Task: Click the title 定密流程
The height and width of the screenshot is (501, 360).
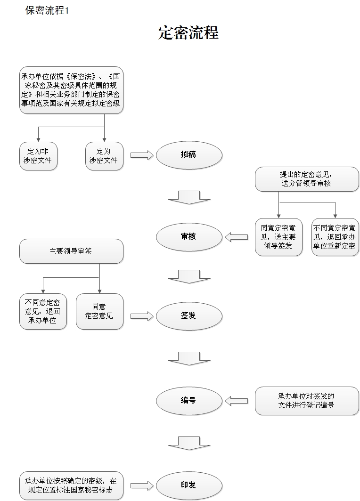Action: pos(188,33)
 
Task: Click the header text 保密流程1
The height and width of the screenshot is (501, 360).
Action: pos(47,10)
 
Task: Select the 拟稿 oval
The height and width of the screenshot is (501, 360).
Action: pos(189,155)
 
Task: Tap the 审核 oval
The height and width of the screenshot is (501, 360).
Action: pos(189,237)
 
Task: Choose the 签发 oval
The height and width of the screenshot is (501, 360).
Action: pos(189,316)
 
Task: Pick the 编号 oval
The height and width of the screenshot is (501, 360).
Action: pos(189,401)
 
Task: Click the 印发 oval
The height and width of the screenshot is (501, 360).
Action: pos(189,485)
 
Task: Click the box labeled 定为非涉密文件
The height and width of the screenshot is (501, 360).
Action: pos(38,156)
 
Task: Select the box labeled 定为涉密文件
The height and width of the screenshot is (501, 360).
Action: pos(104,156)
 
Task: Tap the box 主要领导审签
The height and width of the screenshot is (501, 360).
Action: pos(71,251)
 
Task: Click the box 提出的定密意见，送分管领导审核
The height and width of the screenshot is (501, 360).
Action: pos(307,179)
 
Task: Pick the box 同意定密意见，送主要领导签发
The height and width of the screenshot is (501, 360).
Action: pos(278,237)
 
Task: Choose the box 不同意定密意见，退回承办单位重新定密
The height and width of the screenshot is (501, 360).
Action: pos(335,237)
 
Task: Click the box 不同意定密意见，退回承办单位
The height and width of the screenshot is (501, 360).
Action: pos(43,312)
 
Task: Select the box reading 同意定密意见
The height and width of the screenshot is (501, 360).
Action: pos(99,312)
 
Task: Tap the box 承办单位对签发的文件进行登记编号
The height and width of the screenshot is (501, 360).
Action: pos(307,401)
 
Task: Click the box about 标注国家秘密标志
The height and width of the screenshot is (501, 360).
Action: pos(71,485)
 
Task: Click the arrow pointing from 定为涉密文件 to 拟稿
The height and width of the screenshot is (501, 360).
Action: pos(142,155)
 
